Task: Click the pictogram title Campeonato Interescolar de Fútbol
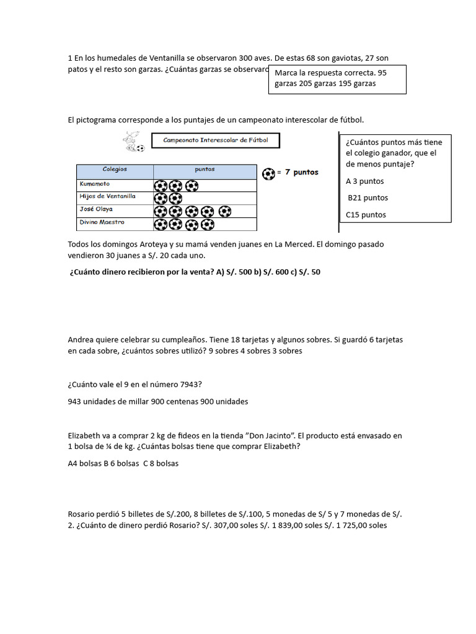[215, 141]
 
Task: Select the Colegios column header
[115, 168]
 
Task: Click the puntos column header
[205, 168]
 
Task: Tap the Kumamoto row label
[95, 183]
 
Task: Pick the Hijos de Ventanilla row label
[107, 196]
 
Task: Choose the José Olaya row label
[96, 209]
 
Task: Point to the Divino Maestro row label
[102, 222]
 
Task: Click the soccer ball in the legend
[268, 173]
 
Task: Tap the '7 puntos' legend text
[301, 173]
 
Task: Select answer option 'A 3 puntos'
[365, 181]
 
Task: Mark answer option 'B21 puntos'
[368, 198]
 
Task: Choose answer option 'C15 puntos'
[366, 215]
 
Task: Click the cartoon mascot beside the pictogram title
[132, 142]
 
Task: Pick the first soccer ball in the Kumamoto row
[161, 185]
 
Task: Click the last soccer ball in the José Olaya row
[224, 211]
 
